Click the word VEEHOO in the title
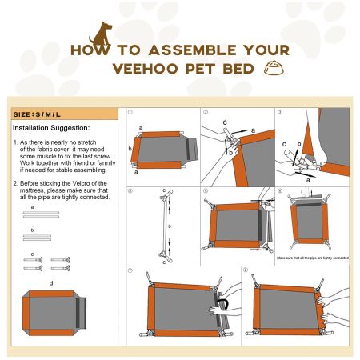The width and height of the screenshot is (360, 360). [x=148, y=69]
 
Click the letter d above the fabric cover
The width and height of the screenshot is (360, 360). [x=51, y=282]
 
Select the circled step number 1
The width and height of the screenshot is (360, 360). [x=130, y=113]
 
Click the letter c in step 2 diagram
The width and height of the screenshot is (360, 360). [x=225, y=122]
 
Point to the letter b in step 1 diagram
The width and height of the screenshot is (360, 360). [x=131, y=149]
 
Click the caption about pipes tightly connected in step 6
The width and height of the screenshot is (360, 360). [x=313, y=258]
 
